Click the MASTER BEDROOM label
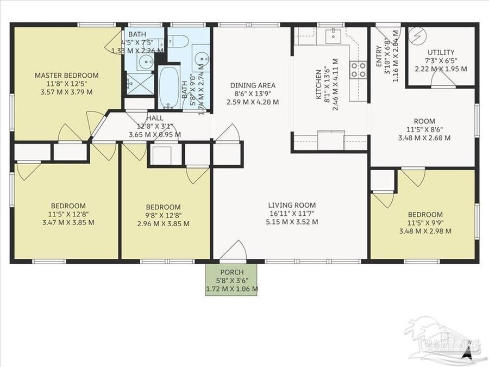67,75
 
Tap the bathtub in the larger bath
170,87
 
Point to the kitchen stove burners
358,69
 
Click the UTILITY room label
442,53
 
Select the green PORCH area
231,280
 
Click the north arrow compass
466,354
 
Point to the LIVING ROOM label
293,205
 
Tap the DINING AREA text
253,85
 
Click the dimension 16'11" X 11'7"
293,214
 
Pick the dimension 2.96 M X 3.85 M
163,223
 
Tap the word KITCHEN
320,84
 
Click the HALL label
154,118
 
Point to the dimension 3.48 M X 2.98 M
425,231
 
